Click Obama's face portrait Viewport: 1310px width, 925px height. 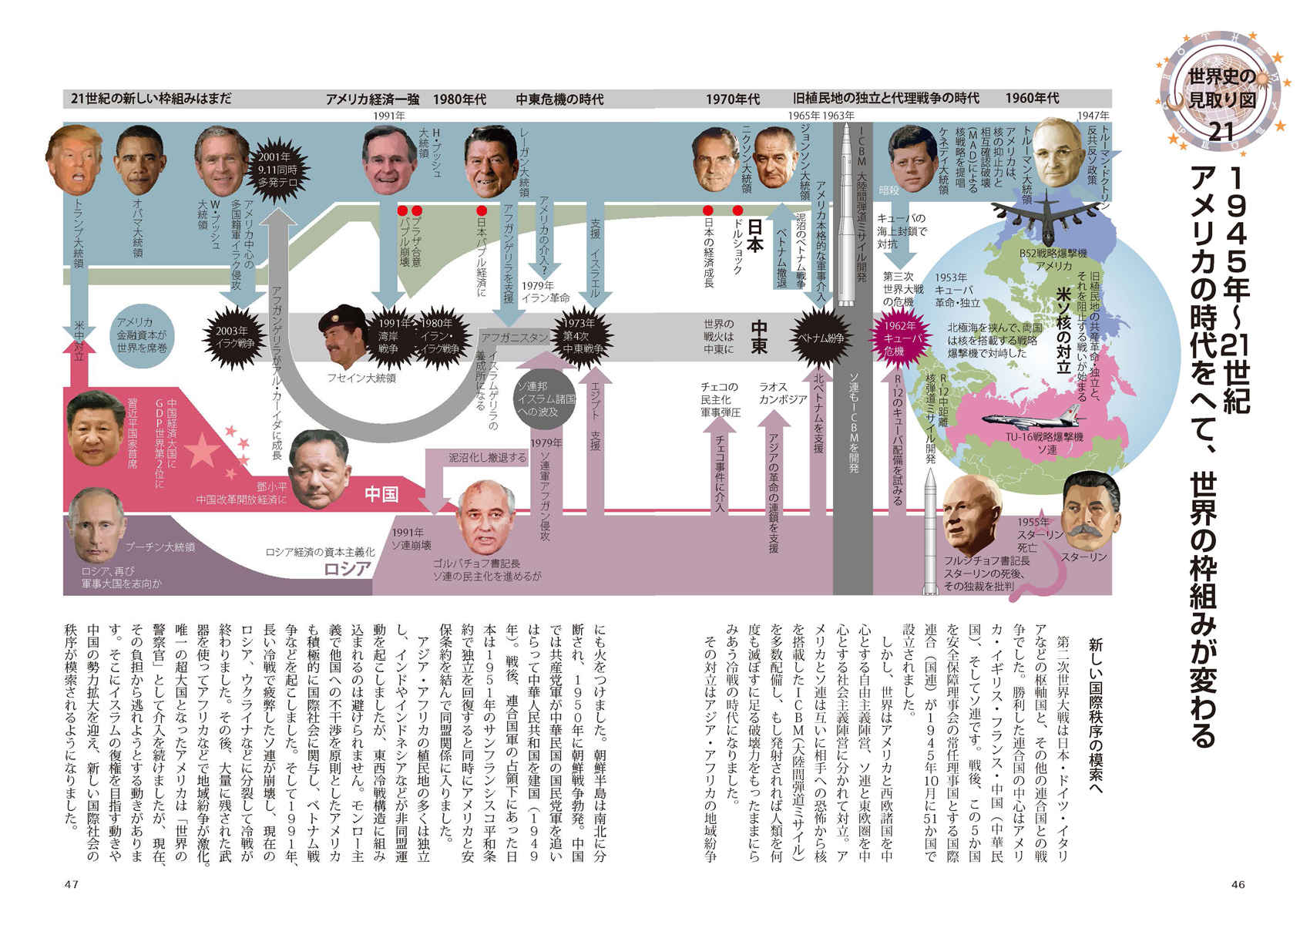point(139,160)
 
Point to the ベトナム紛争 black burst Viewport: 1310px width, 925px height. point(818,338)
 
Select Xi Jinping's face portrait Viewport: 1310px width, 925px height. point(96,429)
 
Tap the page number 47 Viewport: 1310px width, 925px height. point(72,884)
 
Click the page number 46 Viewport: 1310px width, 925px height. point(1238,884)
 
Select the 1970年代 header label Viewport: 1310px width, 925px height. point(732,99)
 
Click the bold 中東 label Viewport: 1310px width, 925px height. point(758,338)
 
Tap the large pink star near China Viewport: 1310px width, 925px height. point(203,452)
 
